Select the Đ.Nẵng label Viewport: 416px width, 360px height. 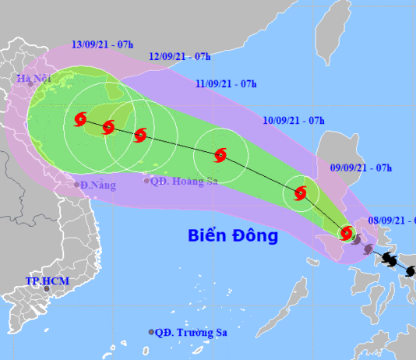coord(94,185)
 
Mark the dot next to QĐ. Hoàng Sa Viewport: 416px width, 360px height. coord(146,181)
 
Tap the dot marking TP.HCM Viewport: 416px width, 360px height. coord(47,289)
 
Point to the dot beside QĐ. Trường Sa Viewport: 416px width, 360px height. coord(151,332)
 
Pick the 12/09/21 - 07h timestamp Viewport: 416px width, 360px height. coord(180,56)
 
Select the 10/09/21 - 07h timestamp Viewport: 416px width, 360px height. coord(294,120)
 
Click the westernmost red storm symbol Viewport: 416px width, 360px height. coord(80,120)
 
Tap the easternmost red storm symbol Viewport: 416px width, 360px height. coord(347,233)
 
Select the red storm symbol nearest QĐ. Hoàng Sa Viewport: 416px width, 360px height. coord(140,135)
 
